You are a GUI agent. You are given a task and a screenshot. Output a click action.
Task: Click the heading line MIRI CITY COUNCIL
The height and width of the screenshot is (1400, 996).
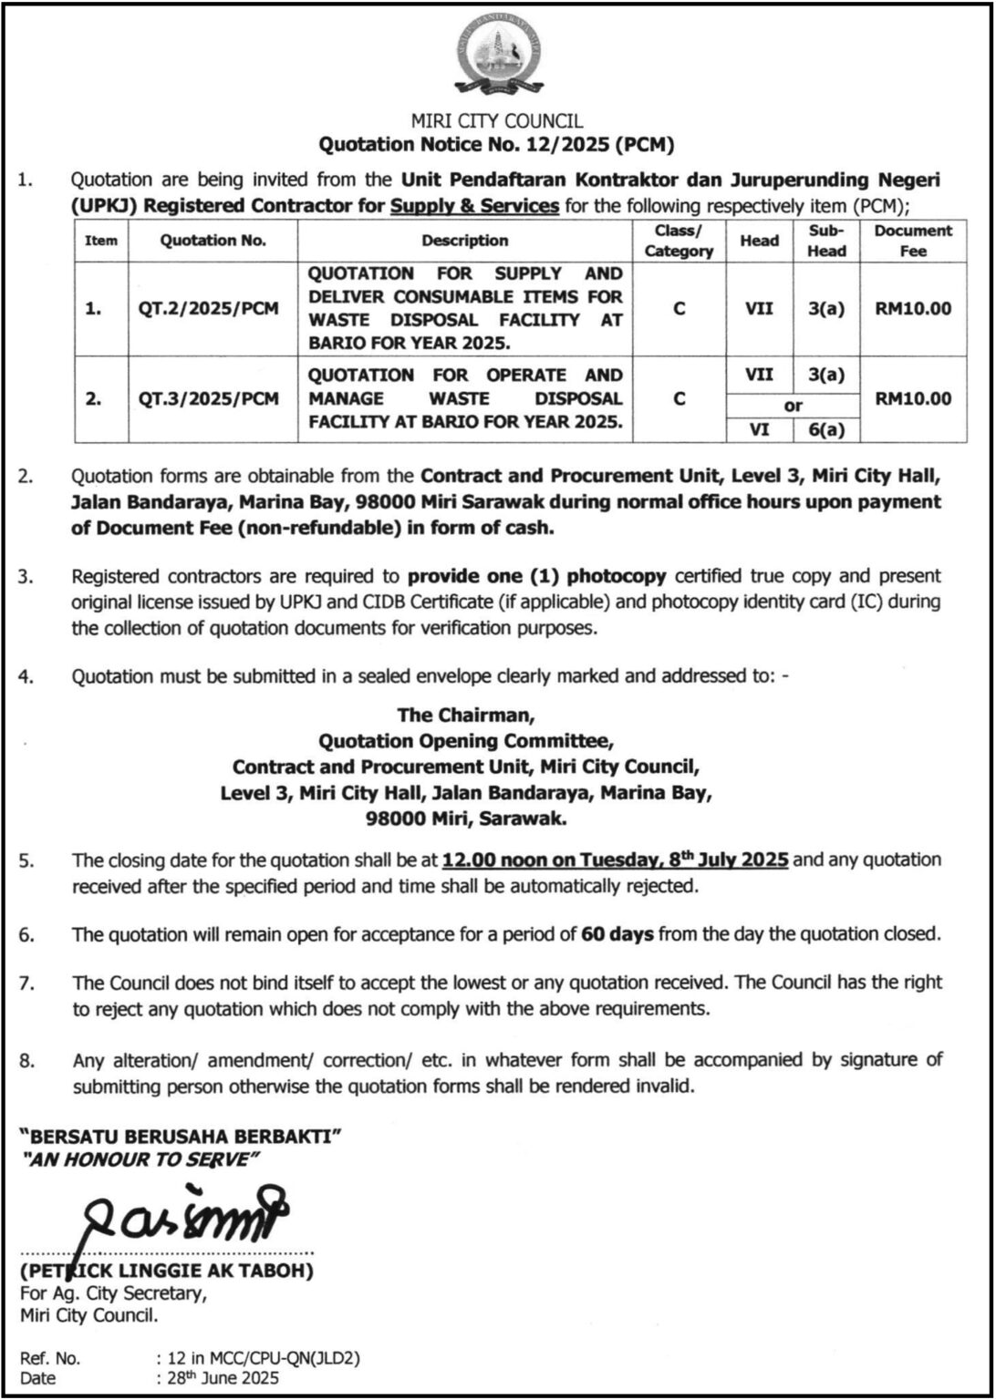click(497, 121)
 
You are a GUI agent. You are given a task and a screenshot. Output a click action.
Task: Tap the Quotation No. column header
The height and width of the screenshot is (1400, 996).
click(213, 241)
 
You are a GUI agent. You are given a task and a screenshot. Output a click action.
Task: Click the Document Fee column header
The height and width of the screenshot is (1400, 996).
click(913, 241)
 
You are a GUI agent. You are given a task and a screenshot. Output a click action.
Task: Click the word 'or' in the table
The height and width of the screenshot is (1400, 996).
click(793, 407)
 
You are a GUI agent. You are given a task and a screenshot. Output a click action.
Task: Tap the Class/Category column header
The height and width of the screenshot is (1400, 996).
click(678, 241)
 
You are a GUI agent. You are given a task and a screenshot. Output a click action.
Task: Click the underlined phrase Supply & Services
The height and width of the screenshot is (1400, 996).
click(474, 205)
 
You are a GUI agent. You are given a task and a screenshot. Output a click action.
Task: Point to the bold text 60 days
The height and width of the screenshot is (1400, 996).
click(617, 934)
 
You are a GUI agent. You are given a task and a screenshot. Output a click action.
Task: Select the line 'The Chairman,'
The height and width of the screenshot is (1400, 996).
click(470, 715)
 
